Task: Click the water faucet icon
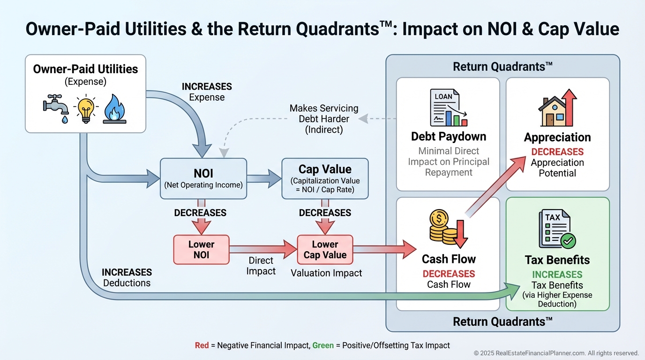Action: pos(56,107)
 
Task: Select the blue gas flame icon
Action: pos(114,108)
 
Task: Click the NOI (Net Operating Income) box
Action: pos(203,179)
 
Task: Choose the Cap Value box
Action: pos(325,178)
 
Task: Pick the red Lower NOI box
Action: pos(201,249)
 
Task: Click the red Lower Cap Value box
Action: pos(325,249)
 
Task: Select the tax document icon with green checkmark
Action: pos(557,229)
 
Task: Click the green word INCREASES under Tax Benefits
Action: pos(557,275)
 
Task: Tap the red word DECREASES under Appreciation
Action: pos(557,152)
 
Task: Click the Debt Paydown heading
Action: pos(449,136)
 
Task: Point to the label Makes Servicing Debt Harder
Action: pos(324,119)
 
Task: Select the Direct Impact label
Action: pos(261,265)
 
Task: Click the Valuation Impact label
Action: pos(326,273)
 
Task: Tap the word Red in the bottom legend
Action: pos(202,345)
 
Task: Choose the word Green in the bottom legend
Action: pos(322,345)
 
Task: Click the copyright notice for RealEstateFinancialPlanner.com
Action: pos(556,353)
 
